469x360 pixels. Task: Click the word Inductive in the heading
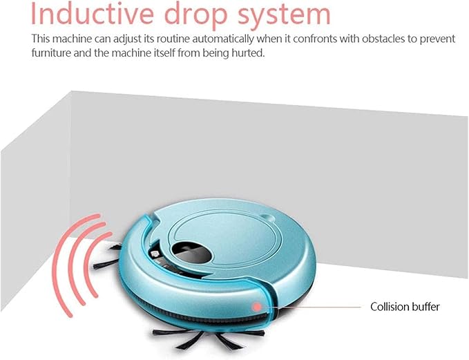tap(92, 13)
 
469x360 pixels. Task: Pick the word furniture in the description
tap(51, 53)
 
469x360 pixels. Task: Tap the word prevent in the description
tap(438, 39)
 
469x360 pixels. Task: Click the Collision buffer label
tap(405, 307)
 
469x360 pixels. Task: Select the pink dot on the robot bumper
tap(256, 307)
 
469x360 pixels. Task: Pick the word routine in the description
tap(174, 39)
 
